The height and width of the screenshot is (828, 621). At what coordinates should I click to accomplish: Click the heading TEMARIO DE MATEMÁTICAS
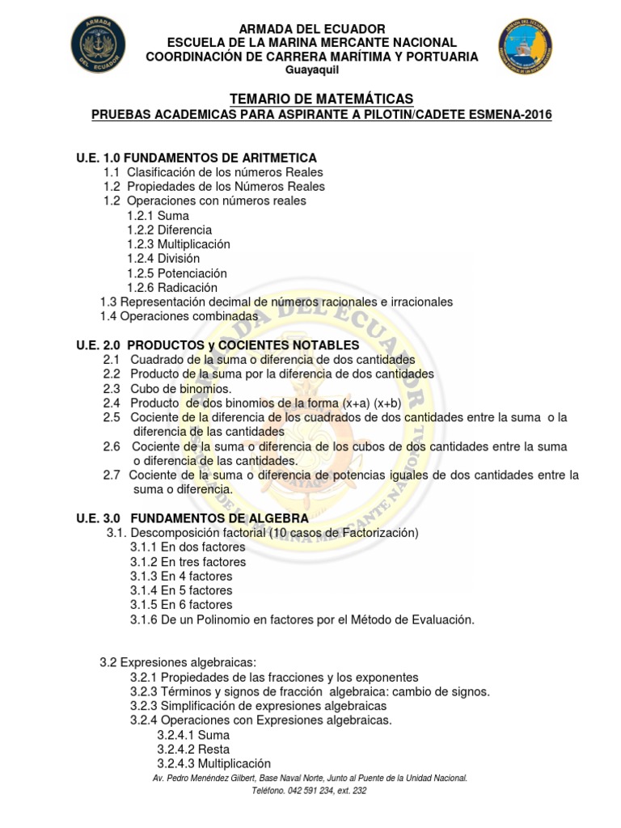click(x=310, y=98)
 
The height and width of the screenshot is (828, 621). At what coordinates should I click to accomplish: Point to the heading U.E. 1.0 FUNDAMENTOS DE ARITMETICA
click(x=196, y=157)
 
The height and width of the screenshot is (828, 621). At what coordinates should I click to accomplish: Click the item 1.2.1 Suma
click(x=158, y=216)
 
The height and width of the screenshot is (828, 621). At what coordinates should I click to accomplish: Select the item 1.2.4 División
click(x=163, y=259)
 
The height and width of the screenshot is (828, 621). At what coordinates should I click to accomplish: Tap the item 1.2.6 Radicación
click(x=172, y=287)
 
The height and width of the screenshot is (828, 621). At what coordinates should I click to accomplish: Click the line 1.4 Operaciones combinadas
click(x=179, y=316)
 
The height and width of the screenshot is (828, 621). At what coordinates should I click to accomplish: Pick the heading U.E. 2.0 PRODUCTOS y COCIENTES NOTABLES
click(x=218, y=345)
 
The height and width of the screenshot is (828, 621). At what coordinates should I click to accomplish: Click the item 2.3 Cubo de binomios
click(x=167, y=388)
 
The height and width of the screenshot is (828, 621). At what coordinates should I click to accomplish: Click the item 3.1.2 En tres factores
click(x=188, y=561)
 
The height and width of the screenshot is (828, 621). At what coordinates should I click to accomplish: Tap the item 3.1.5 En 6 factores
click(x=181, y=605)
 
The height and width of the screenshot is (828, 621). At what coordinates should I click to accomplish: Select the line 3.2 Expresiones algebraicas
click(x=178, y=662)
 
